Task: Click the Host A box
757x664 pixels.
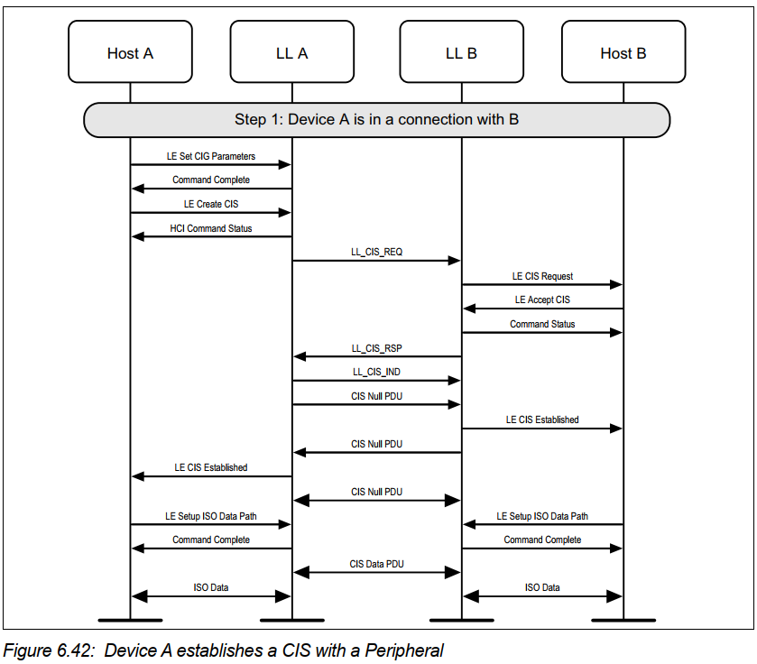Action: tap(130, 53)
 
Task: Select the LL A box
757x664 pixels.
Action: tap(291, 53)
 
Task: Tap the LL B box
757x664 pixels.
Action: tap(461, 53)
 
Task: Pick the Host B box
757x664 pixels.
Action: tap(623, 53)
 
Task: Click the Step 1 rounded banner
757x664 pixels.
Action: tap(376, 119)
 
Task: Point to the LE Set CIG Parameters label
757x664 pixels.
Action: tap(211, 156)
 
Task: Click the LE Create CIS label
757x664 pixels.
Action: tap(211, 204)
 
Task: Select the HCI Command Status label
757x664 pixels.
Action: tap(211, 228)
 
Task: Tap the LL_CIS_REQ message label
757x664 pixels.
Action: tap(376, 252)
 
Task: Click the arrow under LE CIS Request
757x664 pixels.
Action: tap(542, 284)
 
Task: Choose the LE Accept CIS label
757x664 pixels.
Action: tap(542, 300)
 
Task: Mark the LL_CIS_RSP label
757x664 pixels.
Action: tap(376, 347)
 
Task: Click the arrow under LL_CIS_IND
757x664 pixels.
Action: tap(376, 381)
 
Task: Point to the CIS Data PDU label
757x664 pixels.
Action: tap(376, 564)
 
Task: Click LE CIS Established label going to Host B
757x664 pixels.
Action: tap(542, 420)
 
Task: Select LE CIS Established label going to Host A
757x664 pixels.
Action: tap(211, 467)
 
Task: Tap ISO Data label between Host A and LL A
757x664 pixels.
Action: tap(211, 587)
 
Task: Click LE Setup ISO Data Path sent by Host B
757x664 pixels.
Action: tap(542, 516)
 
